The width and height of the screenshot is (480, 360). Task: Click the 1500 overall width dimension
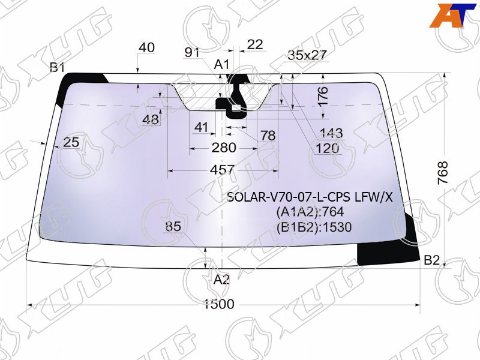tap(219, 304)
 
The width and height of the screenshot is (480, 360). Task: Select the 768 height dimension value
tap(443, 173)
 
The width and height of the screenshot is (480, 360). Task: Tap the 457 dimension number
tap(222, 170)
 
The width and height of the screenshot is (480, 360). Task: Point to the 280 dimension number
tap(224, 148)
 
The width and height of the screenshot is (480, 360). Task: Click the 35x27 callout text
tap(307, 55)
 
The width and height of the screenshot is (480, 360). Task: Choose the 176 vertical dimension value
tap(323, 96)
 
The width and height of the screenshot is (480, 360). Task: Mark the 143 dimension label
tap(331, 133)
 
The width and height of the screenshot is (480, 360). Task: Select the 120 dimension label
tap(327, 148)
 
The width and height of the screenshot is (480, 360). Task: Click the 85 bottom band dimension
tap(173, 227)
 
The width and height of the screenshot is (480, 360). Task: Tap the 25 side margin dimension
tap(71, 142)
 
